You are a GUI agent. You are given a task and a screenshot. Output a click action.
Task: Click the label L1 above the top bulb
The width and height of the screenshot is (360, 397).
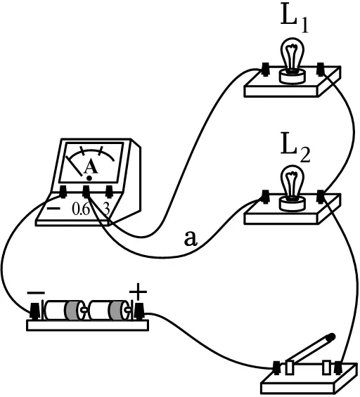point(295,21)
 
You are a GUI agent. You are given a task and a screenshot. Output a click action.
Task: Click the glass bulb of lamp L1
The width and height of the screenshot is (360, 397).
point(292,54)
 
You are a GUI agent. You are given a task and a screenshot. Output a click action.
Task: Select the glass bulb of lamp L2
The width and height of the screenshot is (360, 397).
point(292,181)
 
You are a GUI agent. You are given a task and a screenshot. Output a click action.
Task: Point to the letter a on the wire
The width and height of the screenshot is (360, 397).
point(191,239)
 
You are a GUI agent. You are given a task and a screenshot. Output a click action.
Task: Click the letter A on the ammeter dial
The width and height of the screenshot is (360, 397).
point(91,167)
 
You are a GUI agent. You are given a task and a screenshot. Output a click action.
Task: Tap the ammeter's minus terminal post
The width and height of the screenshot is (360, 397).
point(63,192)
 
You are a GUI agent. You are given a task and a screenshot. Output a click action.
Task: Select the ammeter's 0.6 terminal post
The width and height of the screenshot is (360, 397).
point(86,192)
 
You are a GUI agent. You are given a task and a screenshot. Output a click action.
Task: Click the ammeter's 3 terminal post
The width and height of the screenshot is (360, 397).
point(109,192)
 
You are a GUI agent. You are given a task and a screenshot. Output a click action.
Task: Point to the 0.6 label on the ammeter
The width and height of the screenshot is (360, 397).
point(81,209)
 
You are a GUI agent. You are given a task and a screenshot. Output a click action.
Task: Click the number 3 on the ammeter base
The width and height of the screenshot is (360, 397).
point(107,209)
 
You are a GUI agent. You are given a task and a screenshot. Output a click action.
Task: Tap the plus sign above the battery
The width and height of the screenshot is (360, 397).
point(138,292)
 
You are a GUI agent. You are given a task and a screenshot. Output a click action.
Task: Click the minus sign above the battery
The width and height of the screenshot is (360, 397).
point(36,293)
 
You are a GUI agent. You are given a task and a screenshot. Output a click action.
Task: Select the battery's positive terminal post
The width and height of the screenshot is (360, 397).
point(139,311)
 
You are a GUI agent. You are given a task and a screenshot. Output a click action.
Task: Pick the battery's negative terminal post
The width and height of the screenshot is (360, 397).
point(35,311)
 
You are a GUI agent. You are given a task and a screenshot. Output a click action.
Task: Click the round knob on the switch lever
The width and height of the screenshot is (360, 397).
point(331,337)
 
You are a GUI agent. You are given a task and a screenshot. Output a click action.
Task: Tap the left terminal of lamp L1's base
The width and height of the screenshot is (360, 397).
point(265,69)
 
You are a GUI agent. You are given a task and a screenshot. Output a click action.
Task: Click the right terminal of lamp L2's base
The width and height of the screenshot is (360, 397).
point(321,197)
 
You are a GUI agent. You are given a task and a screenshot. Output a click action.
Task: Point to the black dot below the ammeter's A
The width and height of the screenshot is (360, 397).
point(89,178)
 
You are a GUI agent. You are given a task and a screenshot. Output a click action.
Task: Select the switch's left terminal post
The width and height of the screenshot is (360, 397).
point(277,368)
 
